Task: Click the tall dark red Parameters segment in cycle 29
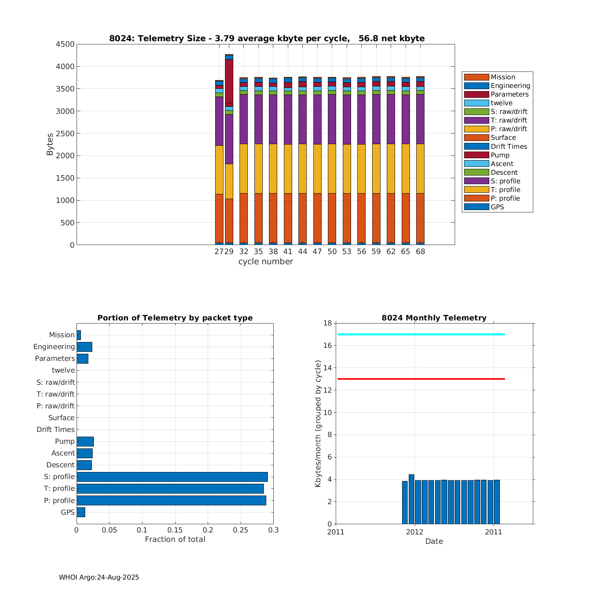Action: tap(229, 81)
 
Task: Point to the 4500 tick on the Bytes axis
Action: tap(65, 44)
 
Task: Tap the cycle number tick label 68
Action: tap(420, 252)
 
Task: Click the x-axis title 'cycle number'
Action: tap(265, 262)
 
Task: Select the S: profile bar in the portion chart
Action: tap(172, 477)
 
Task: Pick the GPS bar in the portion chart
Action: tap(80, 512)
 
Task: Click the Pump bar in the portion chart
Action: tap(85, 441)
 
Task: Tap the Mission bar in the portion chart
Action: tap(79, 335)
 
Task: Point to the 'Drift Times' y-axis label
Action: tap(55, 430)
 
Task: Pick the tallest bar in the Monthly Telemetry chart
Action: tap(411, 499)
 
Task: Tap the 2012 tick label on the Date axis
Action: tap(415, 532)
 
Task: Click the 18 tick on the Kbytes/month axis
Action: tap(327, 323)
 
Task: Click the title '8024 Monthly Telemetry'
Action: tap(434, 318)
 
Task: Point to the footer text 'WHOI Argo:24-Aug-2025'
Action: tap(99, 577)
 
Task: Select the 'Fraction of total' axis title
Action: tap(175, 540)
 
